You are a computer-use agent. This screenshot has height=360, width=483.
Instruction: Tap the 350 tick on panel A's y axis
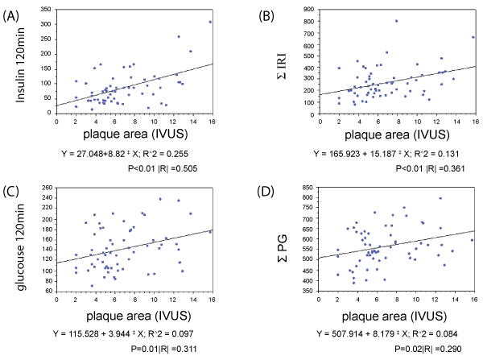(x=47, y=9)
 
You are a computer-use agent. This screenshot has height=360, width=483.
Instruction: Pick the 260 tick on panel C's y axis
(x=47, y=188)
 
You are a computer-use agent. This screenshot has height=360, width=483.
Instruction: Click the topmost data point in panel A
(x=211, y=22)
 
